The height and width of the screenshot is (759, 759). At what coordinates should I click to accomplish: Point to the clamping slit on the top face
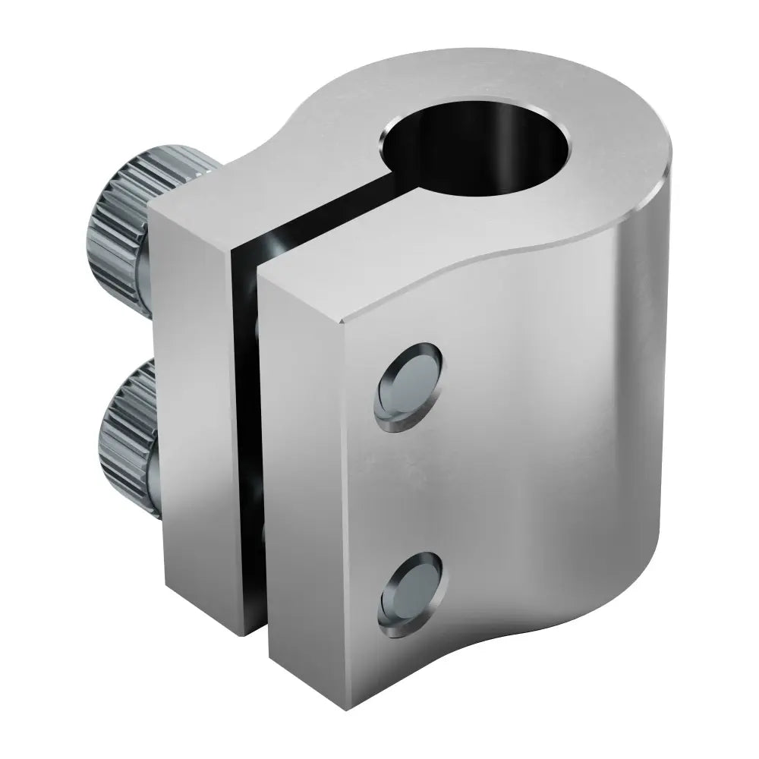click(334, 216)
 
